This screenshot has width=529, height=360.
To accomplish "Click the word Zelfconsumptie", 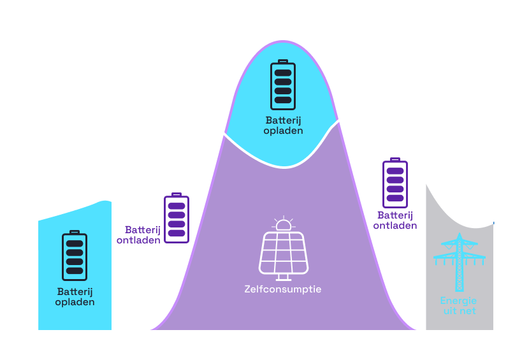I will (x=283, y=289).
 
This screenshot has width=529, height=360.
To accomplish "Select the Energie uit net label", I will (x=459, y=306).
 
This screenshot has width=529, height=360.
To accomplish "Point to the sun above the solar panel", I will (x=283, y=224).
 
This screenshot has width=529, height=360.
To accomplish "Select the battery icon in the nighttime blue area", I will (x=75, y=256).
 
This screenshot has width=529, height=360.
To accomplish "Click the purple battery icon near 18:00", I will (x=395, y=184).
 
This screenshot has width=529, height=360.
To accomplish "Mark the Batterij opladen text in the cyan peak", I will (x=283, y=125).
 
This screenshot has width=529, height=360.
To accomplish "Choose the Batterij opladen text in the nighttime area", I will (x=75, y=296).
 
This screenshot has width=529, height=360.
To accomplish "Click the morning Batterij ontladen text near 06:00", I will (x=138, y=234).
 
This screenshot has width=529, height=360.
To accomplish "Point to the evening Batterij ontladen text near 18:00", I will (x=395, y=220).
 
